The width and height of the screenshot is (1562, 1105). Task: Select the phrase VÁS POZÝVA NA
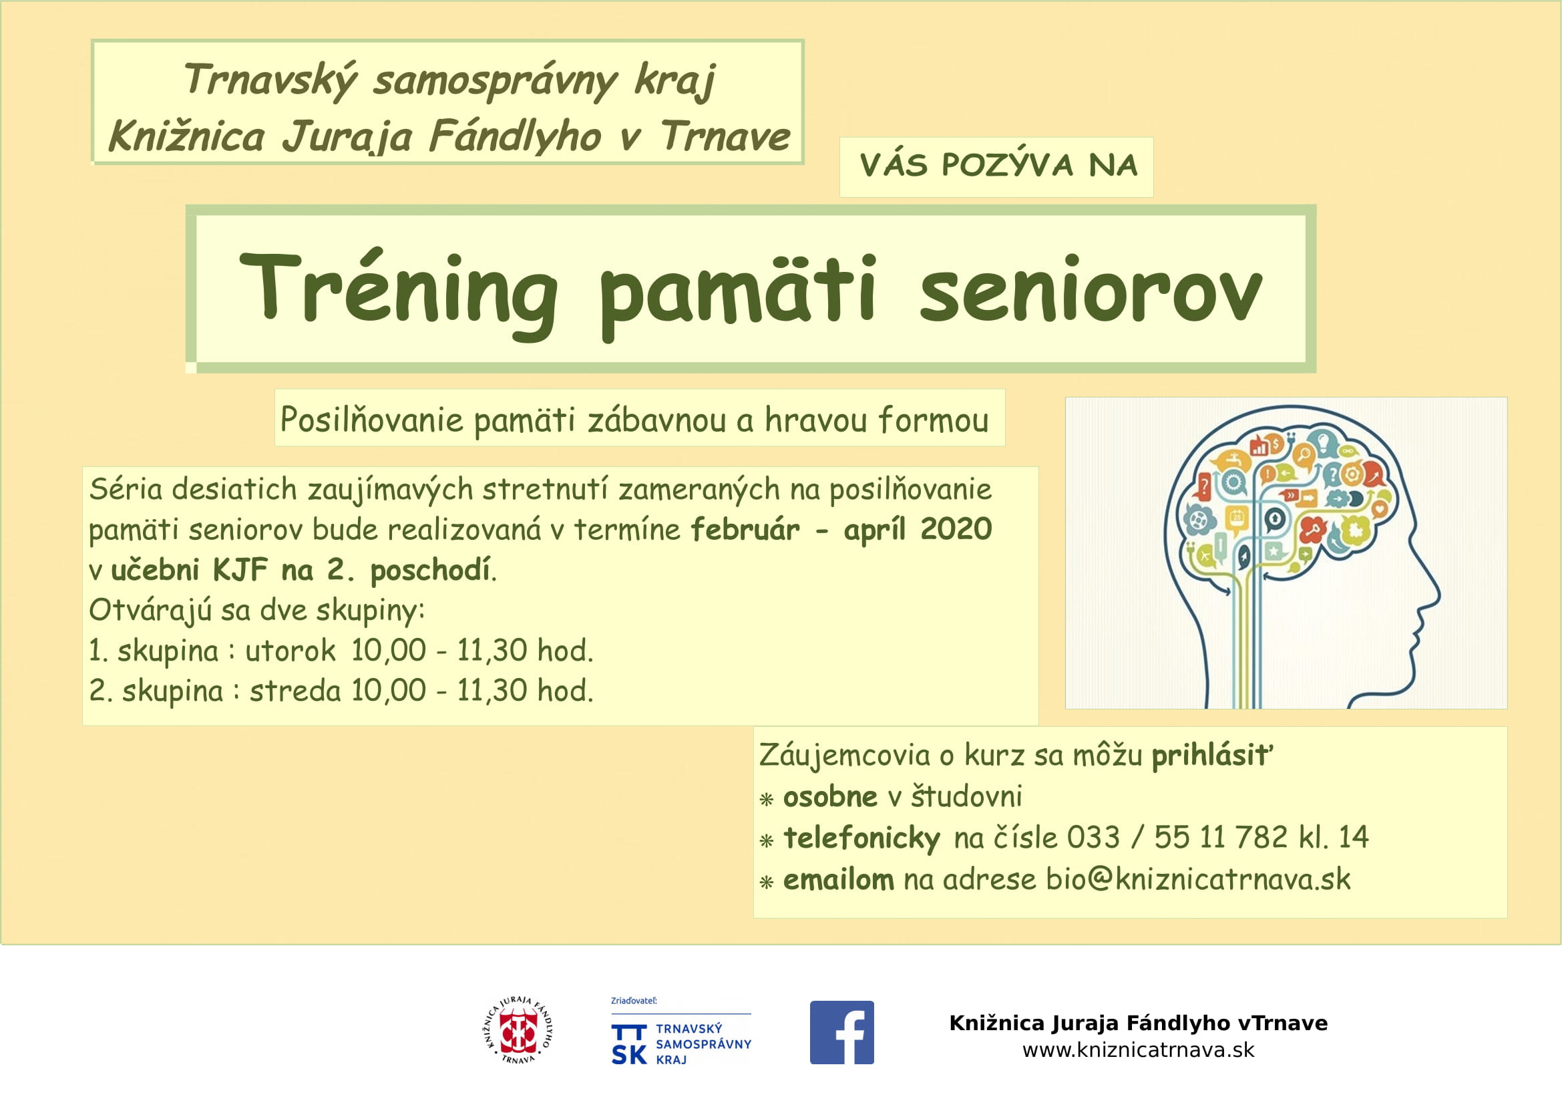coord(998,165)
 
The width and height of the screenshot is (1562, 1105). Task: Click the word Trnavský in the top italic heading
coord(269,80)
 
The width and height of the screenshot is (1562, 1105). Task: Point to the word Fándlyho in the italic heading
coord(515,136)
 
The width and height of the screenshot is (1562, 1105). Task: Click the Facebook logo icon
coord(841,1032)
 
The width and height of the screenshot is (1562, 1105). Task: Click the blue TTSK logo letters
coord(628,1044)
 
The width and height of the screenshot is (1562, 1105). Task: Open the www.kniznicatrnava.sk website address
coord(1138,1050)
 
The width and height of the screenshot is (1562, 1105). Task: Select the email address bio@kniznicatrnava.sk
coord(1198,879)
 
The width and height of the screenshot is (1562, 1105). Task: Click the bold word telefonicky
coord(861,838)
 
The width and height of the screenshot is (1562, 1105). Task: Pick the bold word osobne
coord(830,796)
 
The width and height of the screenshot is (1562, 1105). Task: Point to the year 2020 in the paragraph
coord(956,528)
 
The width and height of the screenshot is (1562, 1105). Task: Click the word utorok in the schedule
coord(290,651)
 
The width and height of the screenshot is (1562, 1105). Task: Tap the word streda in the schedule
coord(295,691)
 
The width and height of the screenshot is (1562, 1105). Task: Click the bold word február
coord(745,528)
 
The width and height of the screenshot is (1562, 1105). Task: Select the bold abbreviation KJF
coord(240,569)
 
